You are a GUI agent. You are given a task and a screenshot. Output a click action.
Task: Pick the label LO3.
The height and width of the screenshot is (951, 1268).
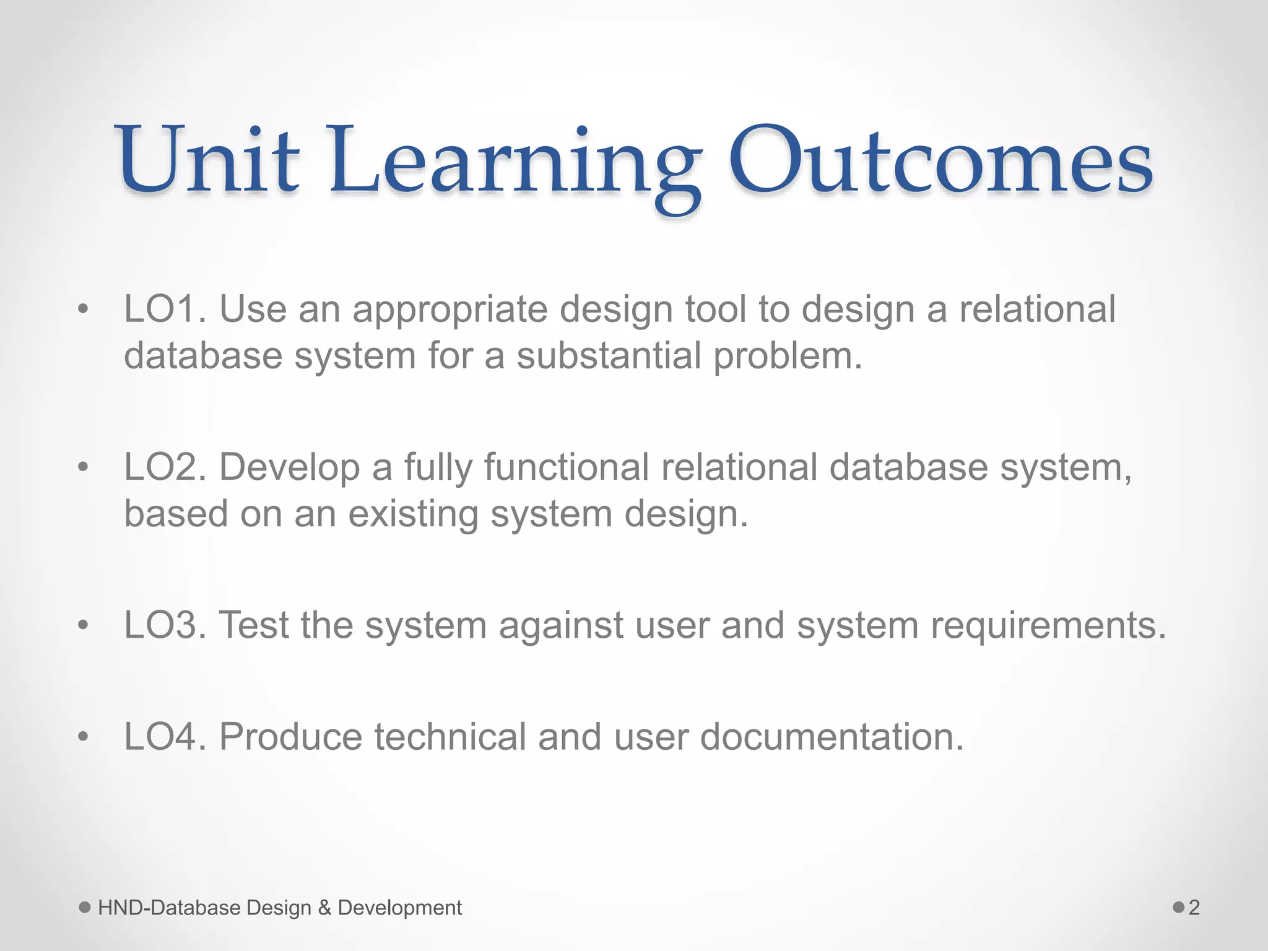165,625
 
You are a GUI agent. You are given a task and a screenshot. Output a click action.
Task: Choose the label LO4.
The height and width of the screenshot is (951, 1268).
165,736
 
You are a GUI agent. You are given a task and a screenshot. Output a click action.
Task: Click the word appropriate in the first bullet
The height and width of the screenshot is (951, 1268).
450,310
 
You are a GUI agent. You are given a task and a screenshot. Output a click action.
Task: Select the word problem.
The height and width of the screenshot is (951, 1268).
788,357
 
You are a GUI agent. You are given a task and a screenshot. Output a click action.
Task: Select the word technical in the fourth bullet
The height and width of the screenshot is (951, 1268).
450,736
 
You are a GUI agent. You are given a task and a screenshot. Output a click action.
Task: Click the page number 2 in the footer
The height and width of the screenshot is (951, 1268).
1194,908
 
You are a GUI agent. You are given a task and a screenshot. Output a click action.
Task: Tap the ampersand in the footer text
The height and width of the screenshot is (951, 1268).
324,908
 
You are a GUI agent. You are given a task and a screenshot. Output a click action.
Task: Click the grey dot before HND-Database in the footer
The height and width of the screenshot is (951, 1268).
85,908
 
